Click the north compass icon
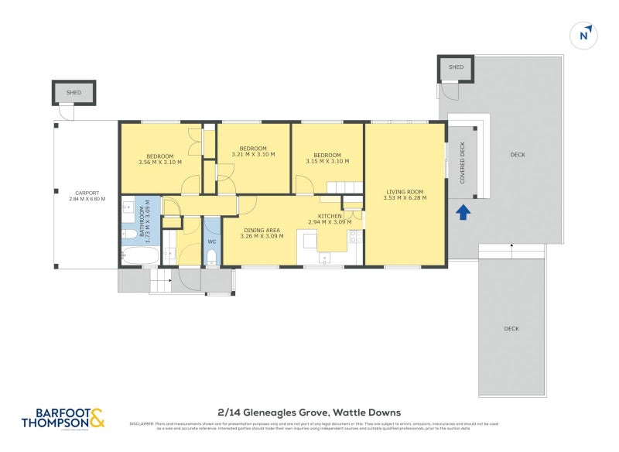[x=586, y=35]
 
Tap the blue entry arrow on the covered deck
[x=463, y=211]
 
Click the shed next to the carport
[x=74, y=93]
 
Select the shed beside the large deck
[x=456, y=68]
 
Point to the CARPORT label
[x=86, y=193]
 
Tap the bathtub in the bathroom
[x=141, y=255]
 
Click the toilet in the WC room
[x=211, y=257]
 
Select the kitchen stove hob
[x=355, y=239]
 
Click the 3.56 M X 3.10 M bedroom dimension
[x=159, y=162]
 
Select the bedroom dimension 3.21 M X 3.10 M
[x=253, y=155]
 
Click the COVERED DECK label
[x=463, y=162]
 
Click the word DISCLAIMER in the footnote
[x=144, y=423]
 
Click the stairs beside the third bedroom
[x=344, y=187]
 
